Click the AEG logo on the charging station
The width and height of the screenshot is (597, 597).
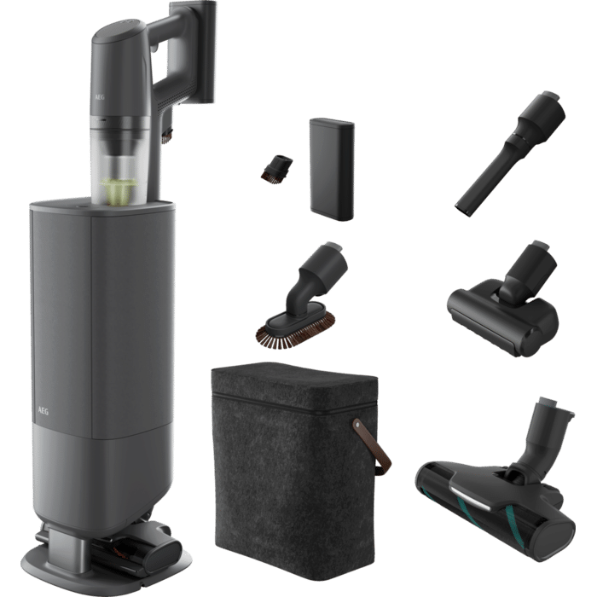pyautogui.click(x=43, y=411)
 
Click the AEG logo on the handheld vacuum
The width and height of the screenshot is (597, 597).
pyautogui.click(x=100, y=97)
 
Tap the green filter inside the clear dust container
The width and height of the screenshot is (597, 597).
pyautogui.click(x=119, y=192)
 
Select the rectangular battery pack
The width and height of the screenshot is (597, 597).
pyautogui.click(x=332, y=170)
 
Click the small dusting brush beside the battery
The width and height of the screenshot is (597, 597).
pyautogui.click(x=276, y=167)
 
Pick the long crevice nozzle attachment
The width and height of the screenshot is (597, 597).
pyautogui.click(x=510, y=154)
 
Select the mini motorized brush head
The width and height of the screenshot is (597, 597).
pyautogui.click(x=502, y=298)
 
